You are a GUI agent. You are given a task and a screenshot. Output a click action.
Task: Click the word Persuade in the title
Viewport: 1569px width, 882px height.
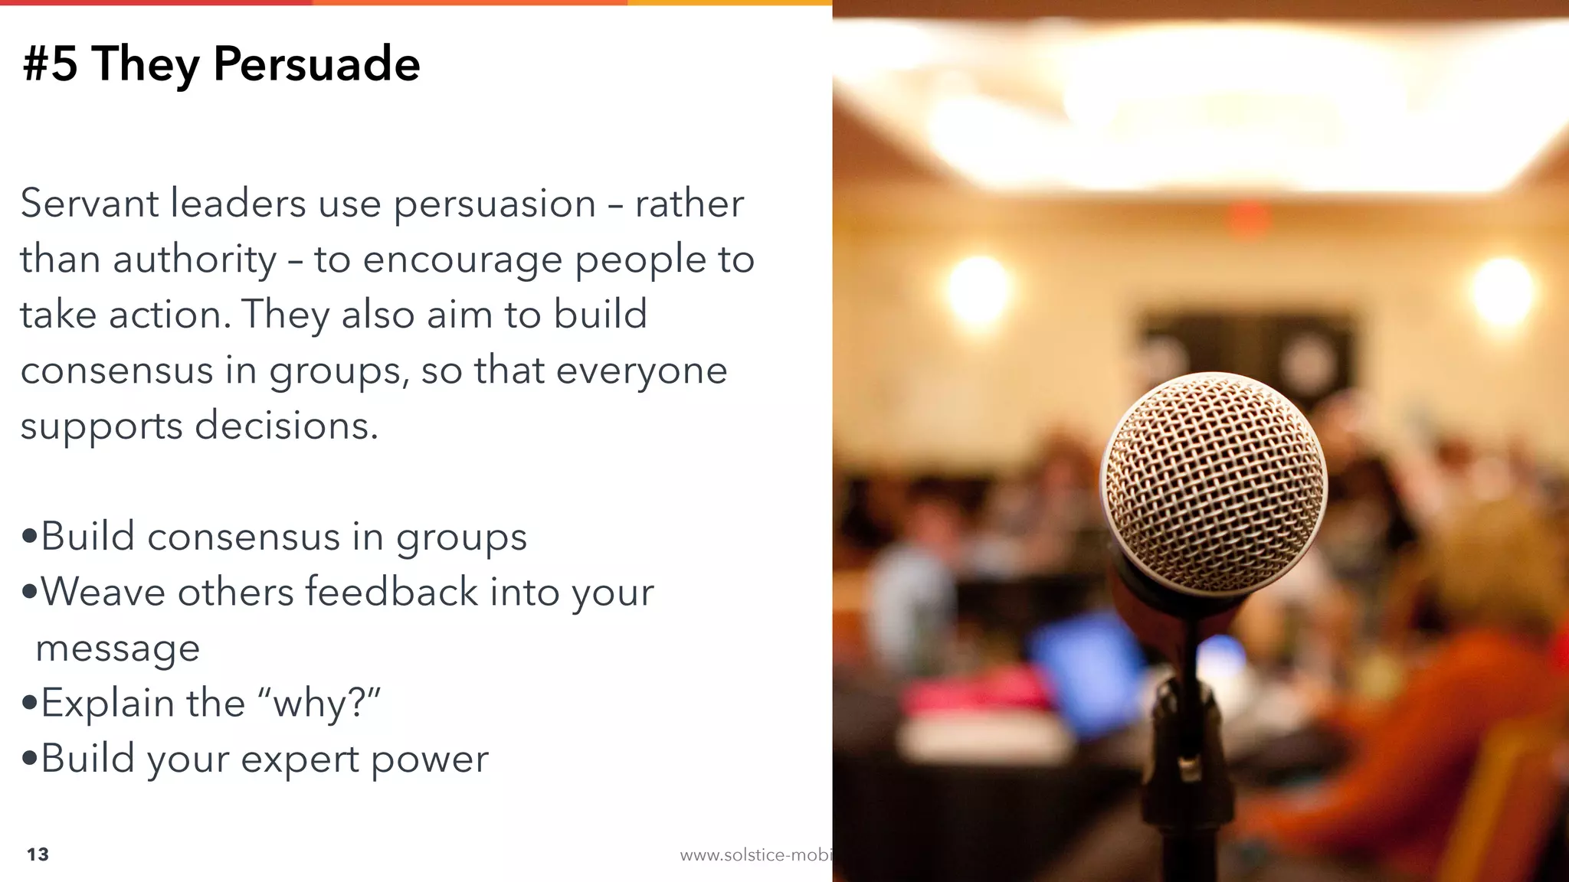[x=316, y=64]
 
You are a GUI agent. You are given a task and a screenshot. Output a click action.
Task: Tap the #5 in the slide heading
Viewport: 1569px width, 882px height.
[x=51, y=64]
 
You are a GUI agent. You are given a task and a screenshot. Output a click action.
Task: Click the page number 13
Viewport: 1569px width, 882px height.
[x=38, y=854]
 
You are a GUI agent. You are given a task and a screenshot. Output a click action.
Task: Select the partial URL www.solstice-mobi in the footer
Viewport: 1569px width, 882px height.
[x=755, y=855]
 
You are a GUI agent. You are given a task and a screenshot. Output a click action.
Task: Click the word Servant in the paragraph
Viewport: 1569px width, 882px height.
[x=89, y=204]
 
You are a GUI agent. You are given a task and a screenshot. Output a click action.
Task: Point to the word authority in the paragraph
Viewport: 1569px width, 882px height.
[x=195, y=260]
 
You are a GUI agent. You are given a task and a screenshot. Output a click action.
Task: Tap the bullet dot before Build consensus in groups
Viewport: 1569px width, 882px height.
[x=30, y=536]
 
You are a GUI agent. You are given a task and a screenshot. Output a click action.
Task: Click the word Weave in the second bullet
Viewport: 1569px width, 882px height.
[x=103, y=592]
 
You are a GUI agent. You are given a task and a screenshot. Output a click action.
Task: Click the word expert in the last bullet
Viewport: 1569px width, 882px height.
[x=300, y=759]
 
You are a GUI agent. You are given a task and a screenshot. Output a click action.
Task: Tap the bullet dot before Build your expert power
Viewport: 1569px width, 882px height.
[x=30, y=759]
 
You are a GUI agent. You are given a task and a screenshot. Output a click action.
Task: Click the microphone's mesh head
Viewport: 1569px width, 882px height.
[x=1213, y=482]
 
